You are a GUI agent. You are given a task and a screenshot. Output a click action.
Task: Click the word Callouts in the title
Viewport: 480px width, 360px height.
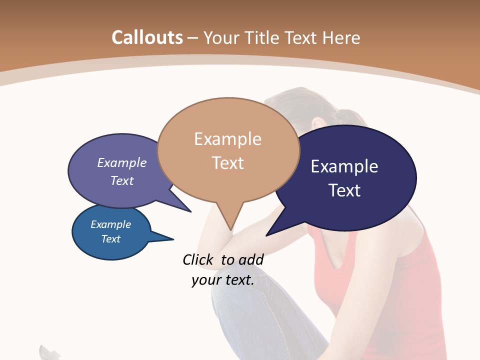(147, 37)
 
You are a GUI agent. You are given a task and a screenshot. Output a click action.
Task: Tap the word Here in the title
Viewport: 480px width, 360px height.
(342, 37)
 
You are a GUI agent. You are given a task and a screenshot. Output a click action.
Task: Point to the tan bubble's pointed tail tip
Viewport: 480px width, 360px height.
(230, 229)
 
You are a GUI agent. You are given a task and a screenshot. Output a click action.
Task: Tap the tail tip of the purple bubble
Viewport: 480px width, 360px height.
(190, 211)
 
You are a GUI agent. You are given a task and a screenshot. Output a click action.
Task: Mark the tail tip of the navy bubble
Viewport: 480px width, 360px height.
(267, 235)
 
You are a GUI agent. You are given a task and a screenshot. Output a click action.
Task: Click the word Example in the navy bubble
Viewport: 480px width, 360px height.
(344, 166)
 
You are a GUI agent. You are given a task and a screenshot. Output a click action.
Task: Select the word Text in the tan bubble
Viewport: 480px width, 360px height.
(228, 163)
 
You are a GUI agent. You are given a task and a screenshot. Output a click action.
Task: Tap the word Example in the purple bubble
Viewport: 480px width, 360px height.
(122, 163)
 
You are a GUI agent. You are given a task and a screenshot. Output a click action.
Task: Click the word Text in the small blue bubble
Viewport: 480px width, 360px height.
(111, 239)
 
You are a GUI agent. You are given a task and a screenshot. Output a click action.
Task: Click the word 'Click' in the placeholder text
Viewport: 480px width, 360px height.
(198, 259)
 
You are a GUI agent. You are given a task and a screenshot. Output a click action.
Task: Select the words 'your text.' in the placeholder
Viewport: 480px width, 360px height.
(223, 280)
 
